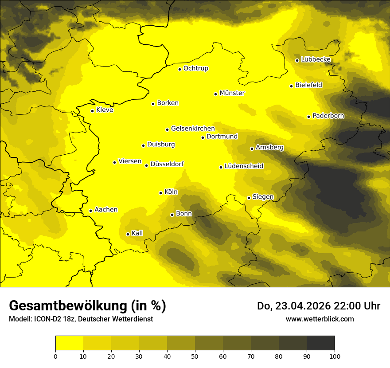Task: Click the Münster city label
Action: tap(232, 93)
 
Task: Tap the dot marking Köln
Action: tap(161, 193)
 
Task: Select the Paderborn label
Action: tap(328, 116)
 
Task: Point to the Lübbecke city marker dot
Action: tap(297, 60)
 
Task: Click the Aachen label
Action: tap(106, 210)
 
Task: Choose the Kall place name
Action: tap(137, 233)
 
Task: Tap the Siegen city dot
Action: tap(249, 198)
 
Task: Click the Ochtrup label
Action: tap(196, 68)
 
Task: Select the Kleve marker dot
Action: tap(92, 111)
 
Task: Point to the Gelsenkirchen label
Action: tap(193, 129)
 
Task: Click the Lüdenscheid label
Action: tap(244, 166)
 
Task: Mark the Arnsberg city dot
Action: tap(252, 149)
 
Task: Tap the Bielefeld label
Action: tap(309, 85)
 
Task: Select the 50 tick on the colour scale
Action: tap(195, 356)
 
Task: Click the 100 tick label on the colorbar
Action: tap(335, 356)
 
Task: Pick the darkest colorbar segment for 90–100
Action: tap(320, 343)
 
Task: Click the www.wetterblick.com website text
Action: tap(320, 319)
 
